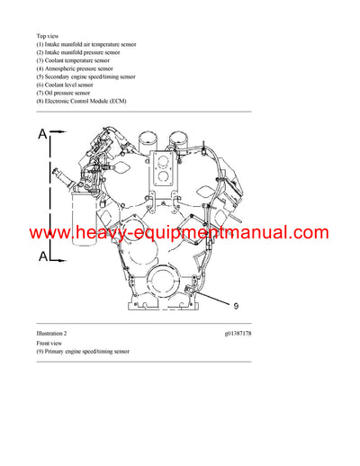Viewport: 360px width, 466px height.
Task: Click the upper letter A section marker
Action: [x=42, y=135]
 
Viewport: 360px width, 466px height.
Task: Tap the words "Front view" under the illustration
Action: [x=50, y=344]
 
